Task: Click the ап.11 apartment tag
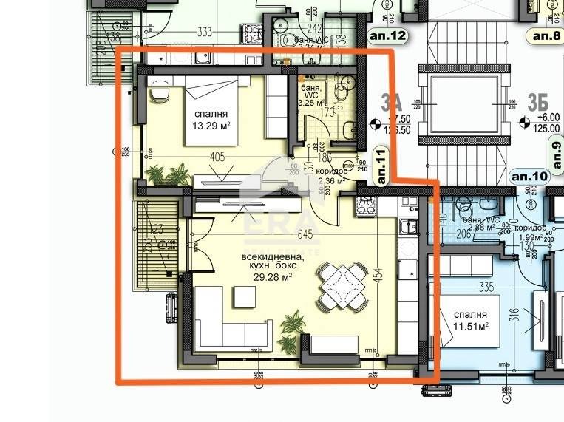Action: (x=381, y=166)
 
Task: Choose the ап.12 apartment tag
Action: (x=387, y=35)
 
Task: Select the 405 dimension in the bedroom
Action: (x=217, y=157)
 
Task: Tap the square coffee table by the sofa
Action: (x=245, y=296)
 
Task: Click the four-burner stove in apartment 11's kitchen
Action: (x=365, y=208)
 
